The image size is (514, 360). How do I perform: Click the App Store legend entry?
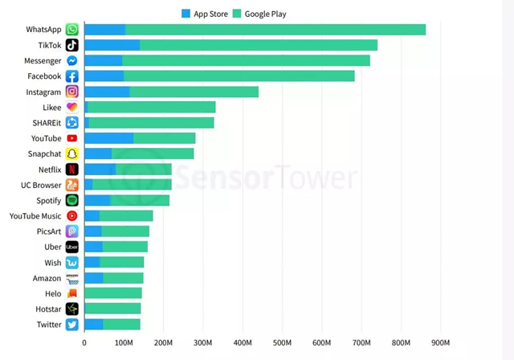pos(206,14)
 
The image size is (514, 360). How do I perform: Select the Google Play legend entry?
pos(259,14)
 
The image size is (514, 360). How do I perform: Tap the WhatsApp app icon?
pos(72,30)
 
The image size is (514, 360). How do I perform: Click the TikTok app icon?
pos(72,45)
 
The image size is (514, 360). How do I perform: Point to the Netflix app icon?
pos(72,170)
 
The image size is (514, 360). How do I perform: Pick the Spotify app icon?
pos(72,200)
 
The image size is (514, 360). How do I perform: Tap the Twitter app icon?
pos(72,325)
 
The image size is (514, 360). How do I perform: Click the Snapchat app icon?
pos(72,153)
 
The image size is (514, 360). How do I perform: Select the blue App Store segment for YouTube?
pos(108,138)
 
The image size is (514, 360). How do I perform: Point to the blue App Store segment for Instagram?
pos(107,92)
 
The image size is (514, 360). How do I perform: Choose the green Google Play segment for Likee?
pos(152,107)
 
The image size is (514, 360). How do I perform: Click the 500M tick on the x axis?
pos(282,344)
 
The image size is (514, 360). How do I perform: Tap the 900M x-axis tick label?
pos(440,344)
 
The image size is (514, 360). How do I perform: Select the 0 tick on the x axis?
pos(84,344)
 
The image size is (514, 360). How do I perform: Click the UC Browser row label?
pos(40,185)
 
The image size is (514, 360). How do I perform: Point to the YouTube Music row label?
pos(35,216)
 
